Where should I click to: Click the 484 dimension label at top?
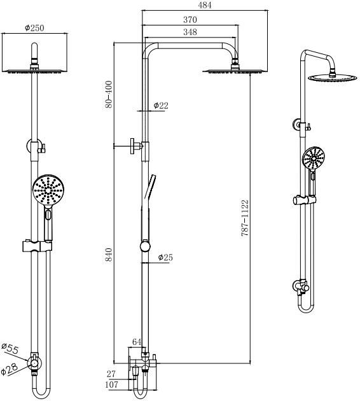[205, 5]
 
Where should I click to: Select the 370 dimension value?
[190, 20]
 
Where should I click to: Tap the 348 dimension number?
[190, 32]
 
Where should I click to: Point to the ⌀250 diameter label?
[34, 27]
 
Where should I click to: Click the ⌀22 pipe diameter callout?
[161, 106]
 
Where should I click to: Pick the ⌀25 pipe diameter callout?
[165, 257]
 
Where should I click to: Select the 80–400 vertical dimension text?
[109, 94]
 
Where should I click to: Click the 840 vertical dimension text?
[109, 255]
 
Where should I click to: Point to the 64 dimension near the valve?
[137, 342]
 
